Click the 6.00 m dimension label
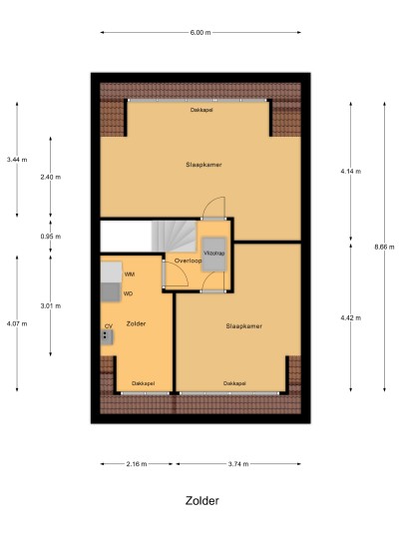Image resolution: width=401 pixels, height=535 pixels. click(x=200, y=32)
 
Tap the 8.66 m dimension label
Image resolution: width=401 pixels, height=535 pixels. click(x=384, y=247)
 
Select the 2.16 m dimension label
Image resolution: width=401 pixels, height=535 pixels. click(x=137, y=464)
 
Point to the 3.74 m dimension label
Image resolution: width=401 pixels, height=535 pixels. click(x=238, y=464)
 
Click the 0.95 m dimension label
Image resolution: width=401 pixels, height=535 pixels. click(x=51, y=237)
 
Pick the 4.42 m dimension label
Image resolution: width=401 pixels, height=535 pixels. click(x=350, y=317)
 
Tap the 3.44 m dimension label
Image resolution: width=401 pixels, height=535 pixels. click(x=17, y=160)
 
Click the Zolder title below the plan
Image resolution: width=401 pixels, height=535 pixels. click(x=201, y=500)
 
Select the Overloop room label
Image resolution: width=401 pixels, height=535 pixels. click(x=188, y=261)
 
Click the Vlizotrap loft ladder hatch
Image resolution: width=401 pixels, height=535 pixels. click(x=213, y=255)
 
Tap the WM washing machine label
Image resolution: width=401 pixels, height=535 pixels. click(x=130, y=273)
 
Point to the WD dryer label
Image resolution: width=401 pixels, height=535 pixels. click(x=128, y=293)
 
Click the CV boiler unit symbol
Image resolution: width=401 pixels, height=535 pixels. click(x=107, y=336)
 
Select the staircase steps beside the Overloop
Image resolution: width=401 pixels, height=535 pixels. click(x=174, y=237)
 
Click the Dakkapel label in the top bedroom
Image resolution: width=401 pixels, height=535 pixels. click(x=201, y=110)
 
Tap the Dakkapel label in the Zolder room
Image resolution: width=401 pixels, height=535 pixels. click(x=143, y=383)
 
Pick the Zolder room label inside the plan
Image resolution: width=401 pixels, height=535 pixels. click(x=136, y=323)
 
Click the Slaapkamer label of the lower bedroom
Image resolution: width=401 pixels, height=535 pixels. click(x=243, y=326)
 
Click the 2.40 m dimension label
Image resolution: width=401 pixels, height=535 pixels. click(x=51, y=177)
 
